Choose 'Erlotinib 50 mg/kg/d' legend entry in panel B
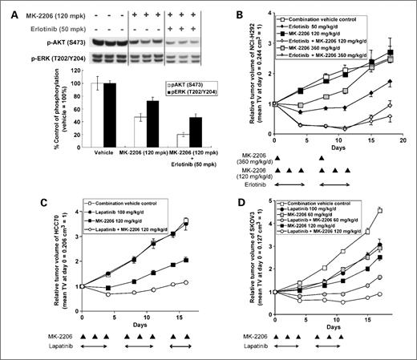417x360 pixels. click(326, 23)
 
